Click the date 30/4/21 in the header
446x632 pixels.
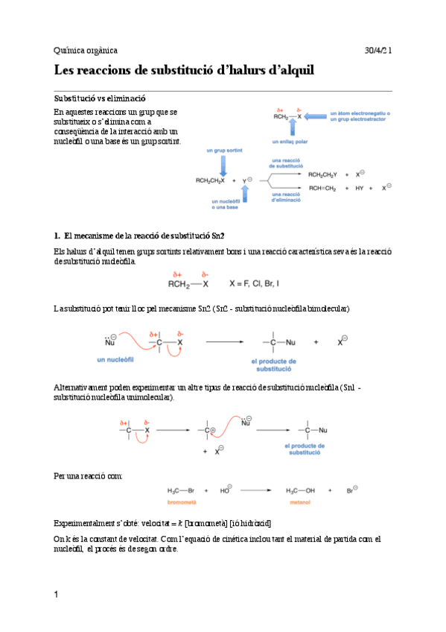pyautogui.click(x=378, y=50)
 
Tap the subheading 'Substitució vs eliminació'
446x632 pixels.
pyautogui.click(x=100, y=98)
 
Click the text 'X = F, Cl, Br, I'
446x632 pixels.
pyautogui.click(x=261, y=283)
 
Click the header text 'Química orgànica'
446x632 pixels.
pyautogui.click(x=86, y=50)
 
